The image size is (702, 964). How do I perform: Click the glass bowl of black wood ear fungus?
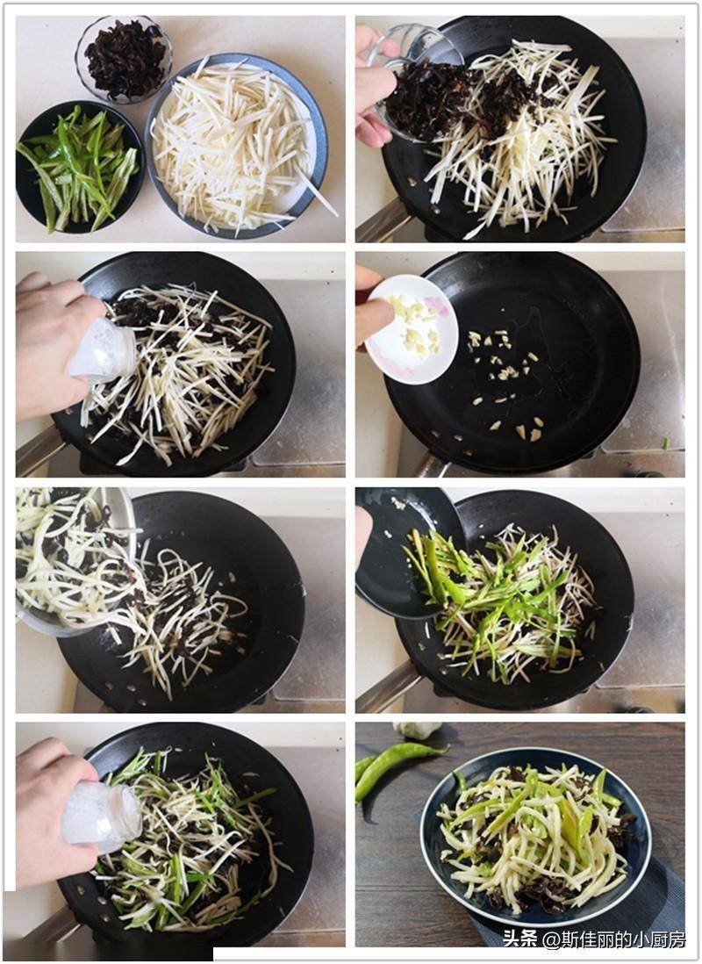point(124,59)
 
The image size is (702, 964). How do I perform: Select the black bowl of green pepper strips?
point(80,166)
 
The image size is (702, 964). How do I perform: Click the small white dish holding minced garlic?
point(412,329)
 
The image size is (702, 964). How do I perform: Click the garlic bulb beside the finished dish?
point(418,730)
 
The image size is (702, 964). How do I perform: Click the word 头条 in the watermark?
point(519,939)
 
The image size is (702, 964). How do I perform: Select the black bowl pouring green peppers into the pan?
point(406,550)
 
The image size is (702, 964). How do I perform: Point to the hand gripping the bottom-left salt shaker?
point(49,811)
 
